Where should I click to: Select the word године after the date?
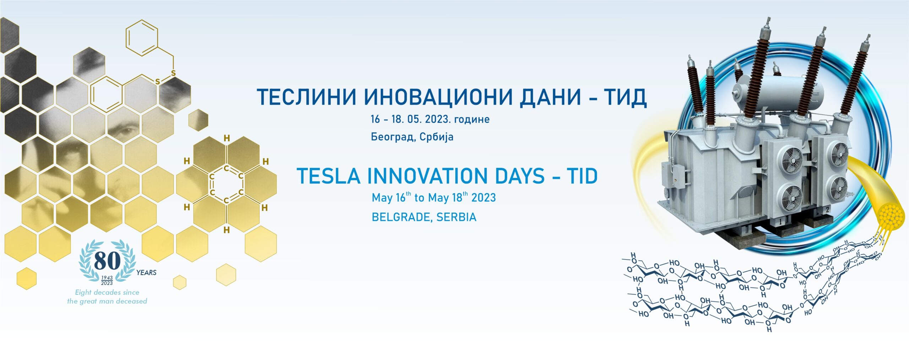tap(472, 119)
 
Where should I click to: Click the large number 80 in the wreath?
tap(107, 261)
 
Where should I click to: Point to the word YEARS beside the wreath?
tap(146, 273)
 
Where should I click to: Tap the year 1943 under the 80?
tap(107, 278)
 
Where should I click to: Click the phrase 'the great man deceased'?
tap(107, 301)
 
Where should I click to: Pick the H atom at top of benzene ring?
tap(227, 138)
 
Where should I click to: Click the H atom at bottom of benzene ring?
tap(227, 230)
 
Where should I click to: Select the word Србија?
tap(436, 137)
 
